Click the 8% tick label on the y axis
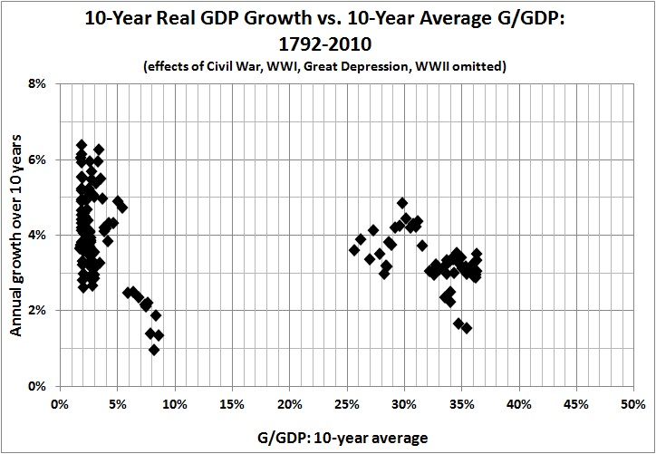40,83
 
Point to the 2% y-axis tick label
40,310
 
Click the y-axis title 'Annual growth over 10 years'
17,235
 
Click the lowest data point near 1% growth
154,350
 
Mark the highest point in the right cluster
402,203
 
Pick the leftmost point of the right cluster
354,250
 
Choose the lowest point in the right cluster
467,328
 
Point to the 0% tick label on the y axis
40,386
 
